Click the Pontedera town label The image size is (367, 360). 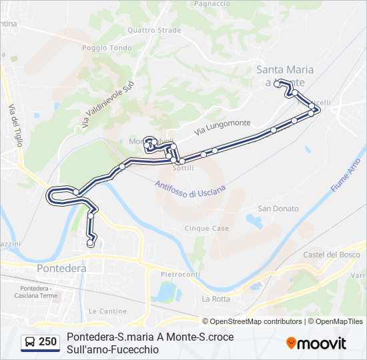(x=62, y=267)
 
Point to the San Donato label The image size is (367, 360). (x=278, y=209)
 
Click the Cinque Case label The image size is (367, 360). (x=207, y=228)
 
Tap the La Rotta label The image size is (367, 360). (x=216, y=299)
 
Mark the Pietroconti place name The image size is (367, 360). (x=180, y=274)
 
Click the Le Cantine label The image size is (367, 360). (x=107, y=311)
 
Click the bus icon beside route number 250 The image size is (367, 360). (x=30, y=343)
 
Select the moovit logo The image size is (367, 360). (x=316, y=343)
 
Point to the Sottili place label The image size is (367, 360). (x=183, y=169)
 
